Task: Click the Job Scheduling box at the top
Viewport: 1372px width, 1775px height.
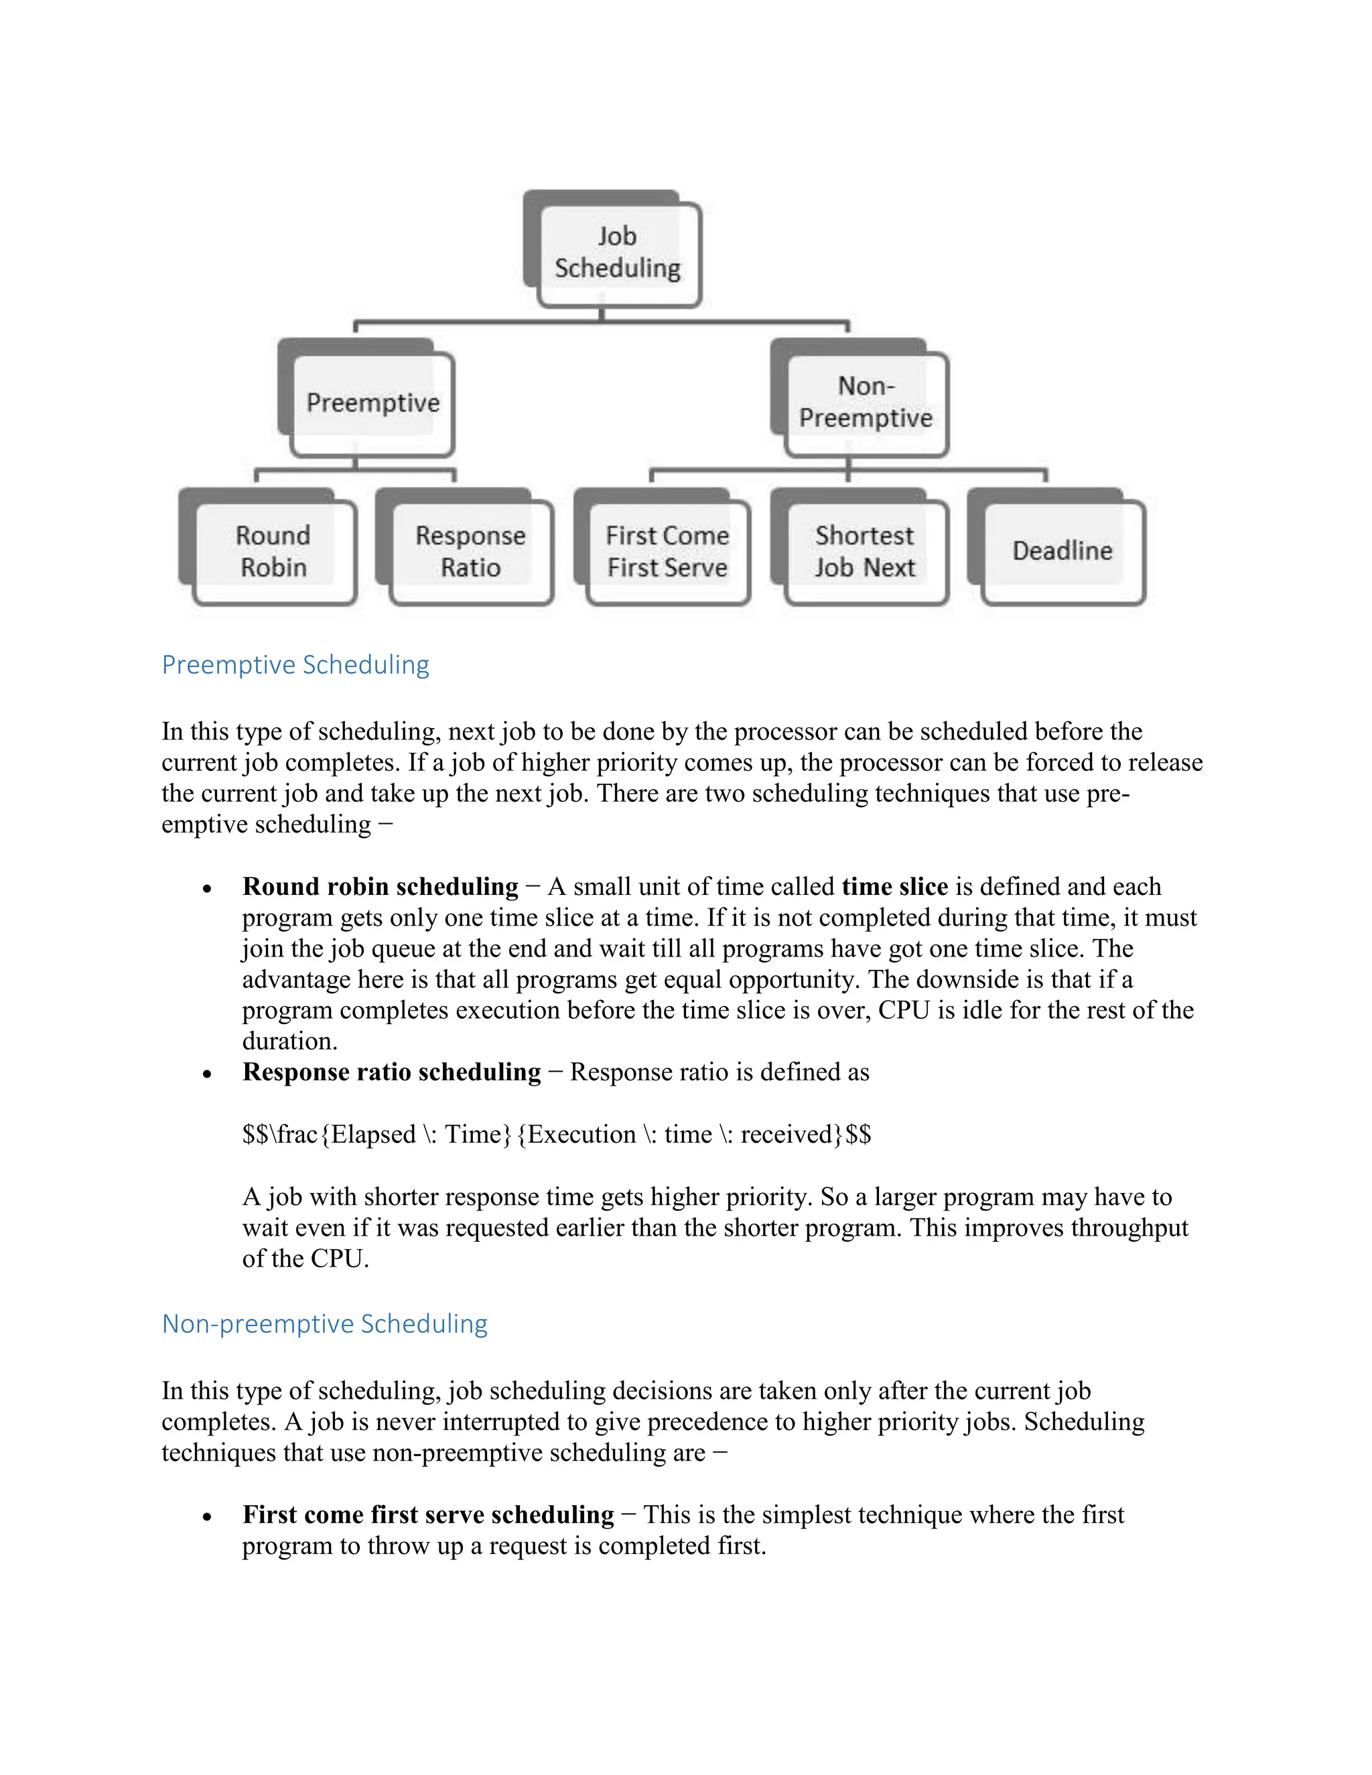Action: pos(618,252)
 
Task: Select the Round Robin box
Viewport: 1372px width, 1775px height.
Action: pos(274,551)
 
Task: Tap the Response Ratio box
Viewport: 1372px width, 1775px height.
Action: pos(470,551)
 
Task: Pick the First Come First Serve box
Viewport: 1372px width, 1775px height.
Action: pos(667,551)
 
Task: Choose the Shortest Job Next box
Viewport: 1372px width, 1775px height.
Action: pos(865,551)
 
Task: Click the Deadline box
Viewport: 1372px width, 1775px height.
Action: pos(1062,551)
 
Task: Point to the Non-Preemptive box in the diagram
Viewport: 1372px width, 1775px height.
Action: pos(866,401)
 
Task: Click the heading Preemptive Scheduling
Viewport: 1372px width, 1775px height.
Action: pos(295,665)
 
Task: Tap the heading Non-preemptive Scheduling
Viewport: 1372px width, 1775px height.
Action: pos(324,1324)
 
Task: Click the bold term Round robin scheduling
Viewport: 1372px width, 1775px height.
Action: pos(381,886)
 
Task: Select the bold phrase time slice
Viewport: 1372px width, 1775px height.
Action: pos(895,886)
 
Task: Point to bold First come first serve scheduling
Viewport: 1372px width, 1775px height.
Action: pos(428,1515)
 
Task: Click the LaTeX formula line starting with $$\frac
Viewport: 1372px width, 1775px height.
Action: pos(557,1135)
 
